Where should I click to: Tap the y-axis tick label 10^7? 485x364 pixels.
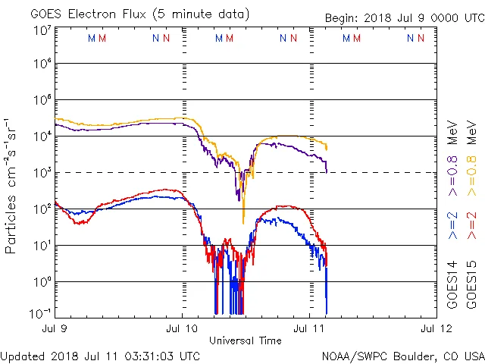42,30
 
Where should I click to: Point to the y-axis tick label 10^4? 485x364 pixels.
42,136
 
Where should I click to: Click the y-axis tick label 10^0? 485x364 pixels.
42,282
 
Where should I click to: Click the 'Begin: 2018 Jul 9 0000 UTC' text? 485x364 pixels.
403,18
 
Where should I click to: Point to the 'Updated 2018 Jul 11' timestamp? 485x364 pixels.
101,355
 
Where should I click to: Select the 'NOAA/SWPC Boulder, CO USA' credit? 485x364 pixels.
402,355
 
